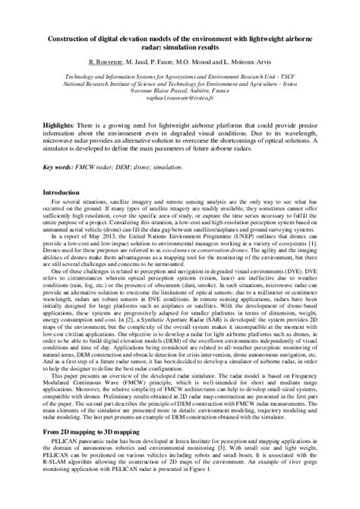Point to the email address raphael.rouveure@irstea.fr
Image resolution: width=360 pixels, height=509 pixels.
click(x=180, y=100)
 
